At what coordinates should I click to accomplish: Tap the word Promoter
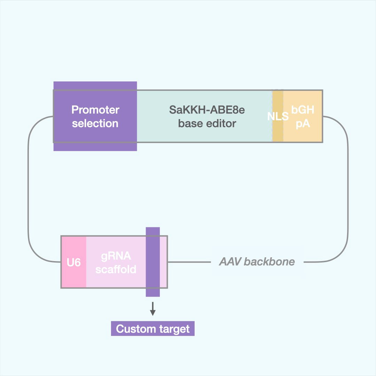coord(95,110)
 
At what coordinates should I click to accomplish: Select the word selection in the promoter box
coord(95,123)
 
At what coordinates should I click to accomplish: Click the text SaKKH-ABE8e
coord(207,110)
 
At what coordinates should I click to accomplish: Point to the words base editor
coord(207,123)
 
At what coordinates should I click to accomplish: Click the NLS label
coord(278,116)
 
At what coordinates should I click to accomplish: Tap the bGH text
coord(303,110)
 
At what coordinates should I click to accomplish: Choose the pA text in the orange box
coord(303,123)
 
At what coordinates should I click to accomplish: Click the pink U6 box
coord(74,262)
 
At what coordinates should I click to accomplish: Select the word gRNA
coord(116,256)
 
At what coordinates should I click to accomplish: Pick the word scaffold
coord(116,269)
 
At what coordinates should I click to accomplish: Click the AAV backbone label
coord(257,262)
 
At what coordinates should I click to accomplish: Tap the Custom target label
coord(153,329)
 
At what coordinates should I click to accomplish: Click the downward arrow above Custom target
coord(152,309)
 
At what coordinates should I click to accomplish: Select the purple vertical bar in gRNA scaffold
coord(153,262)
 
